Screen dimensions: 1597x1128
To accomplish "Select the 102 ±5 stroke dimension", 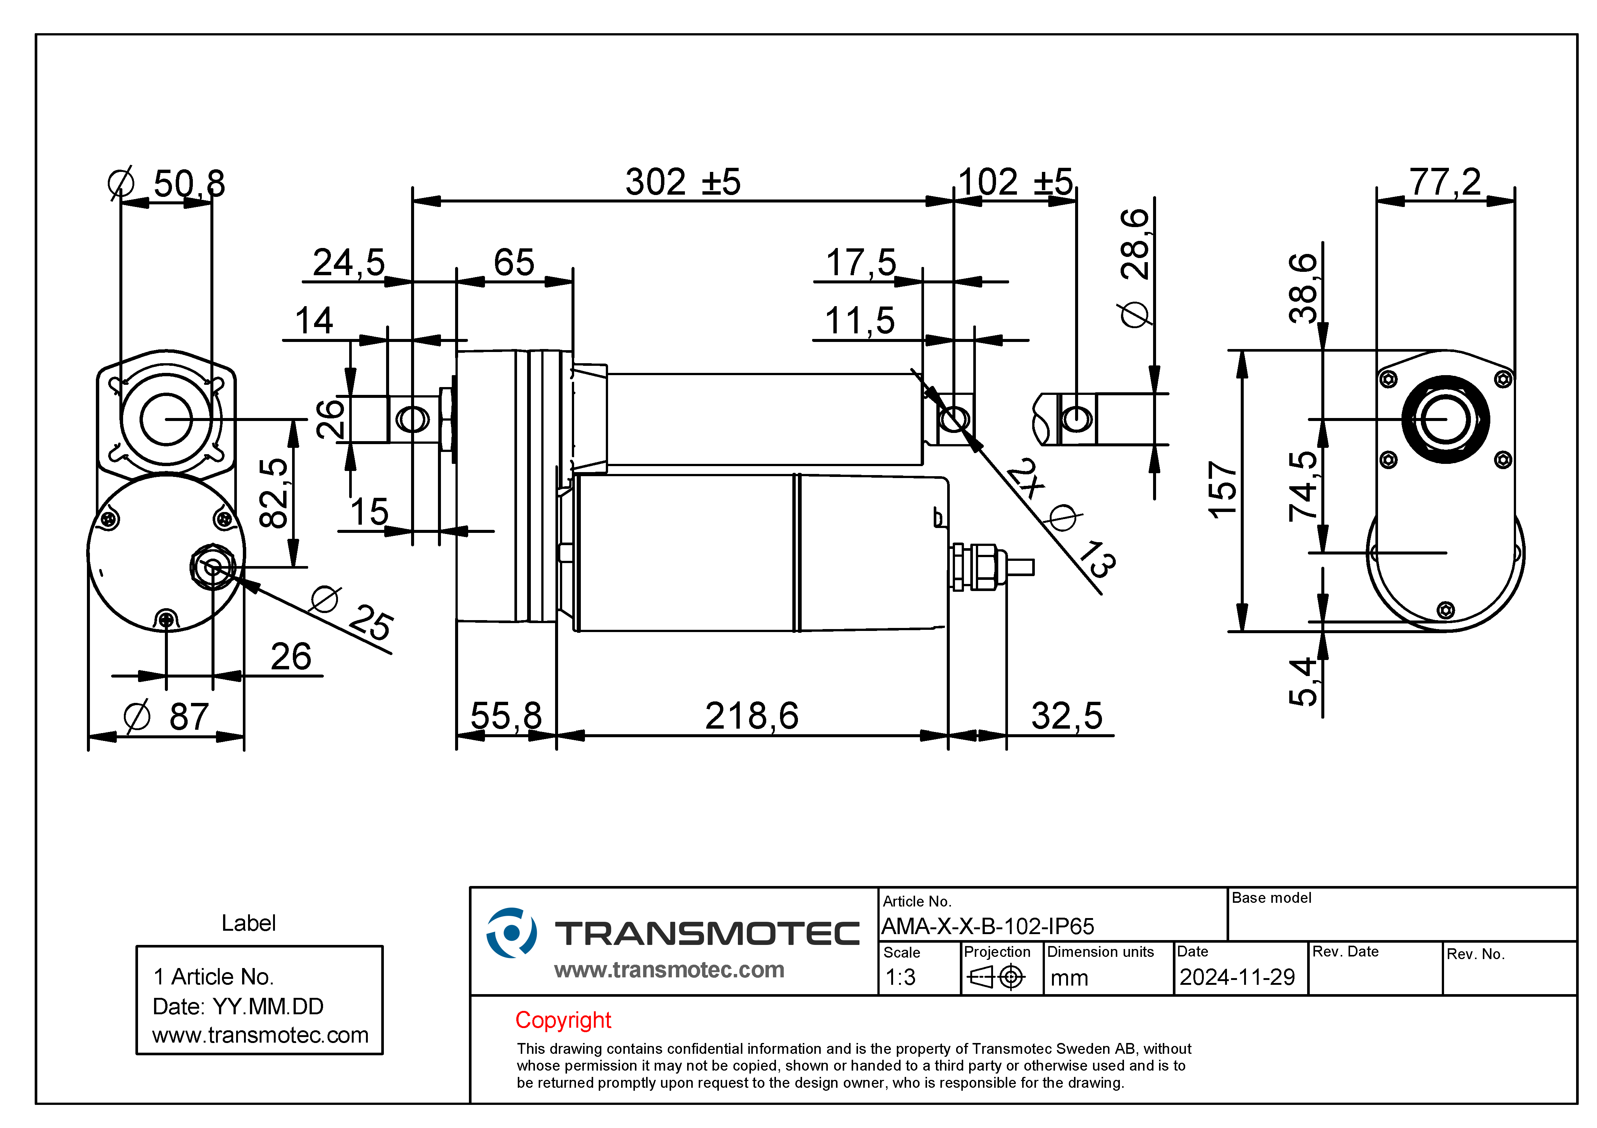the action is [1015, 182].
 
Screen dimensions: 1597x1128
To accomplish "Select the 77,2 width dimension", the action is [1445, 182].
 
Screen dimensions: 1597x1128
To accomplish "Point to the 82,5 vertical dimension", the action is [273, 492].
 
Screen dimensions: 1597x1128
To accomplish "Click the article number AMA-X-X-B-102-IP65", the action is [988, 926].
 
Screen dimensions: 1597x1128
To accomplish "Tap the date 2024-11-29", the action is [1237, 977].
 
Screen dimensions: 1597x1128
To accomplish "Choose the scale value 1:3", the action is [901, 977].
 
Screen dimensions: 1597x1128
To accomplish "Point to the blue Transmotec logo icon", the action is [511, 933].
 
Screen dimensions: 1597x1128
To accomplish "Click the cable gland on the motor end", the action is [977, 567].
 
